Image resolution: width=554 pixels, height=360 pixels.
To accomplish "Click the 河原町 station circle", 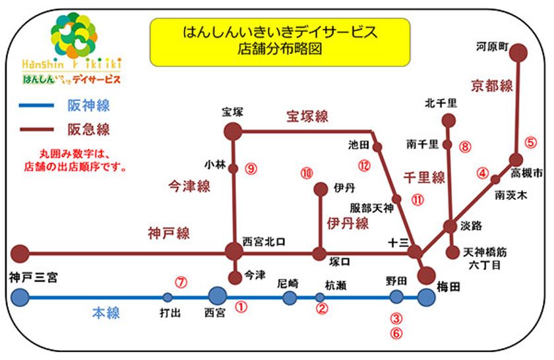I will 519,51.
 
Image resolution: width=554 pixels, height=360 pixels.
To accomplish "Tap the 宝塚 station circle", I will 233,131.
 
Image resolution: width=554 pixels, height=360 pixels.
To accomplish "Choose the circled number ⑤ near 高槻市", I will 531,142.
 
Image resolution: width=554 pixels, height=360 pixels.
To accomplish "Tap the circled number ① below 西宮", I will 241,307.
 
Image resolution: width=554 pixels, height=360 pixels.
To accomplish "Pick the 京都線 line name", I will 491,86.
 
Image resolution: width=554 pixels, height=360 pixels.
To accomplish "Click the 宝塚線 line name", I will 307,117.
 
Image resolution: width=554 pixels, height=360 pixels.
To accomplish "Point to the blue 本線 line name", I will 106,313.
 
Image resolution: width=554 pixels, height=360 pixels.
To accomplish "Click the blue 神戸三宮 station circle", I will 20,297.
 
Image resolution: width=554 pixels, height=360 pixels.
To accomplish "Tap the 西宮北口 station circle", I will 234,251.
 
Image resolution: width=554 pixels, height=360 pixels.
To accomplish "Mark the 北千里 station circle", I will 448,120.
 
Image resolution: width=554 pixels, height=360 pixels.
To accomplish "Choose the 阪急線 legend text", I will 88,129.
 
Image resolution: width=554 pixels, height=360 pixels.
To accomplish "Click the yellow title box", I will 280,41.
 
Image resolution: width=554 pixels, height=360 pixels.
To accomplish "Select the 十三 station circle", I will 415,251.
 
